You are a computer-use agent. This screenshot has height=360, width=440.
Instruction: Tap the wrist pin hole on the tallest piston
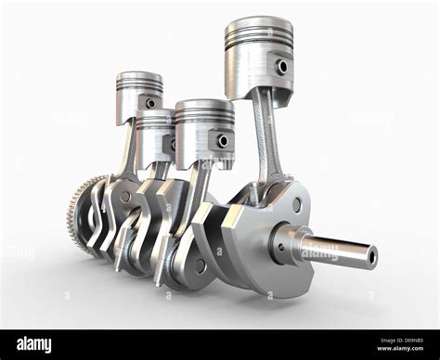tap(282, 67)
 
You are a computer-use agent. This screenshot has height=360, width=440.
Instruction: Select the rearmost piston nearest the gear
tap(139, 96)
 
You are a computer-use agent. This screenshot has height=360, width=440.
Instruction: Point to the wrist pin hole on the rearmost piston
tap(150, 103)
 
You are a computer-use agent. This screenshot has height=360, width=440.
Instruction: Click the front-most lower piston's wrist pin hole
tap(223, 140)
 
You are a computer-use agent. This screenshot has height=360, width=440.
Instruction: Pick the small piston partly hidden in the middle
tap(154, 135)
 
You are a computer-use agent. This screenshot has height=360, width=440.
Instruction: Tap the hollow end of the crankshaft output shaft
tap(371, 256)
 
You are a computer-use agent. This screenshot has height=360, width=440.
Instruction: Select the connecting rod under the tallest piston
tap(266, 139)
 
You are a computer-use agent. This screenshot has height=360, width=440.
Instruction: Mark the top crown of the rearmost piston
tap(139, 76)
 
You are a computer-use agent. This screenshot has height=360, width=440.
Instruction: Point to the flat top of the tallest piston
tap(258, 21)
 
